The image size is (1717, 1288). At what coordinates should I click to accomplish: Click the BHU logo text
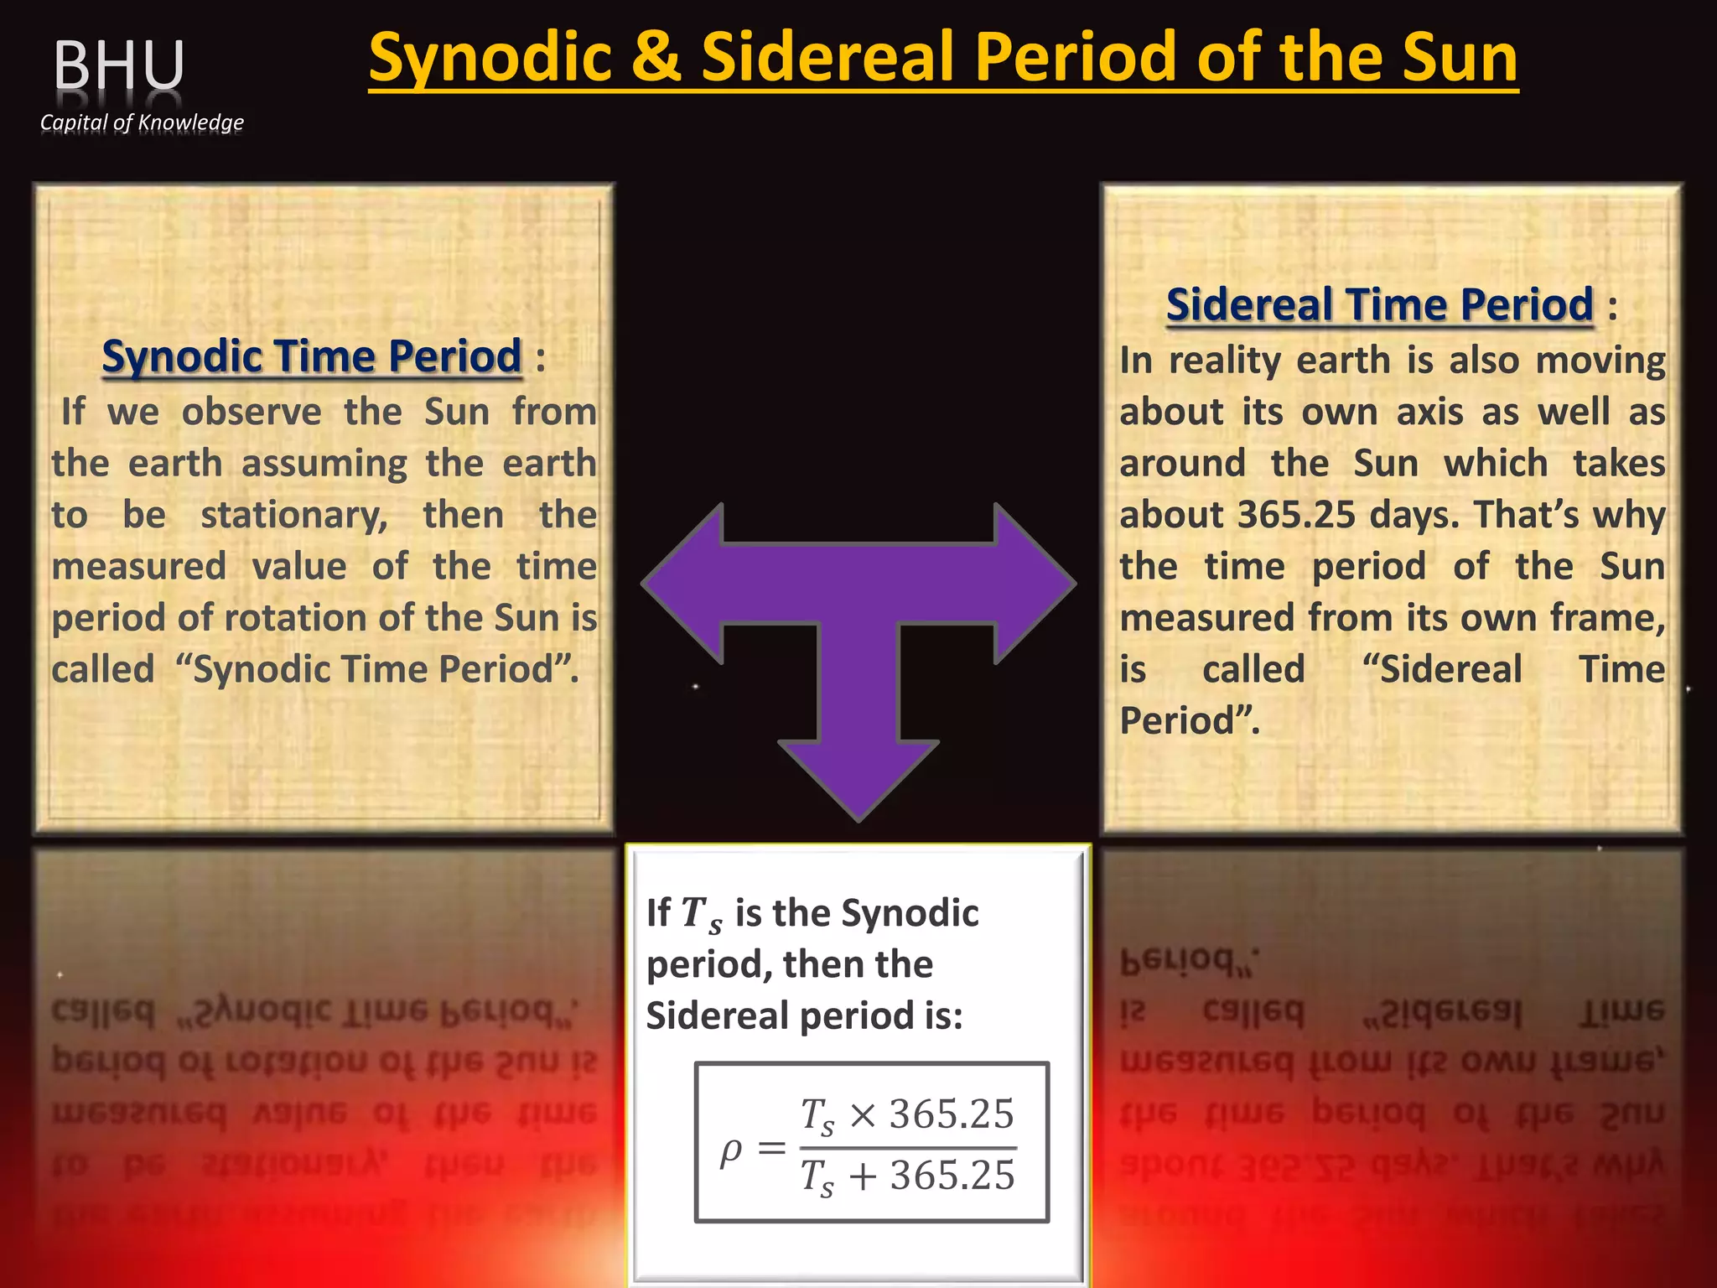pyautogui.click(x=119, y=65)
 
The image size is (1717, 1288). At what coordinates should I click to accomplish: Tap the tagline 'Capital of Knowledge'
pyautogui.click(x=142, y=122)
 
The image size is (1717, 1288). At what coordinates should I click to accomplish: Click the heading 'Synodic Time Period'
pyautogui.click(x=312, y=356)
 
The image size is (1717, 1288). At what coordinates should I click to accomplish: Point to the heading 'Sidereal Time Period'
pyautogui.click(x=1379, y=304)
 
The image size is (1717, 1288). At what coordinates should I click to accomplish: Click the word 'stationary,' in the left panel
pyautogui.click(x=294, y=515)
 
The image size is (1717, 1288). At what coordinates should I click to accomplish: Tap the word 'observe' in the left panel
pyautogui.click(x=252, y=412)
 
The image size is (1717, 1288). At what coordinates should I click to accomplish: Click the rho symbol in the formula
pyautogui.click(x=731, y=1150)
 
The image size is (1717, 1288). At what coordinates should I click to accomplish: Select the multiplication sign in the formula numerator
pyautogui.click(x=863, y=1115)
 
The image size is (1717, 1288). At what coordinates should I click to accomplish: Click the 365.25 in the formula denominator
pyautogui.click(x=952, y=1176)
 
